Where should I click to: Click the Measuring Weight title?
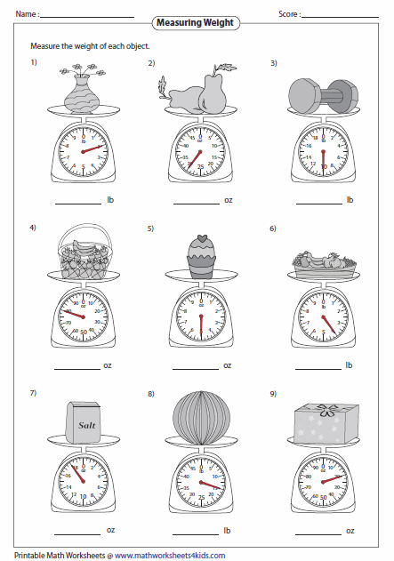[197, 22]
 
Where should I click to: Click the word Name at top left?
[24, 15]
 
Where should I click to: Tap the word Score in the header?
[289, 15]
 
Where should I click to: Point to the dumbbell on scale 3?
[322, 93]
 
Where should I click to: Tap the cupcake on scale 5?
[202, 254]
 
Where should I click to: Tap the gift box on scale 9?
[323, 420]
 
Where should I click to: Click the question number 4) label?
[33, 228]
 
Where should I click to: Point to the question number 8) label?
[151, 393]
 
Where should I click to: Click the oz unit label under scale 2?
[229, 200]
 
